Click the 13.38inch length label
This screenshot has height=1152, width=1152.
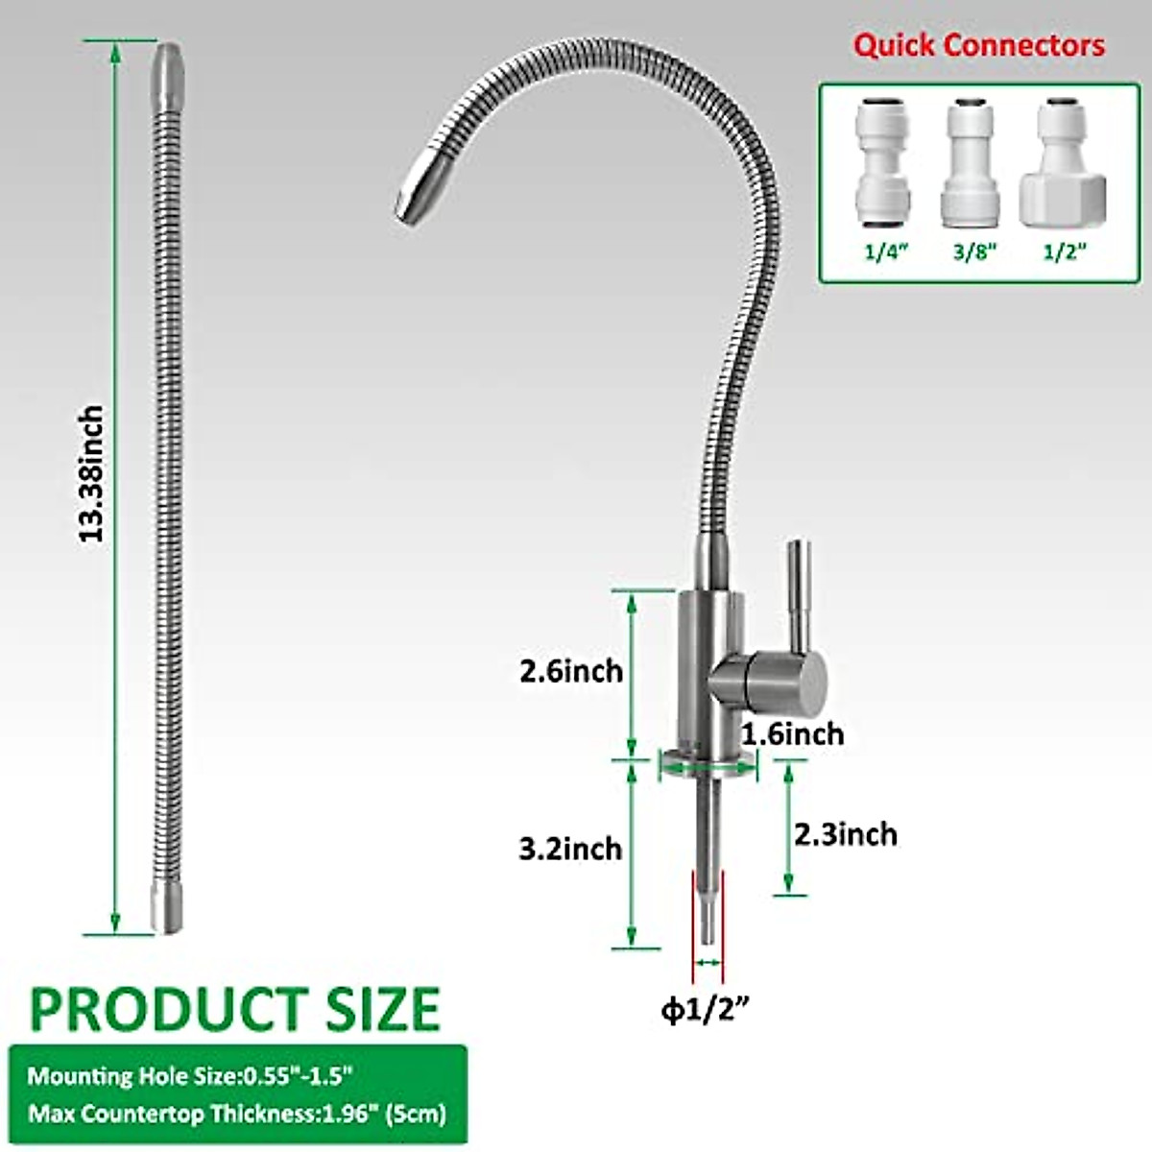coord(92,474)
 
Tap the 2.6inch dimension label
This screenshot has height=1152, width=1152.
coord(571,671)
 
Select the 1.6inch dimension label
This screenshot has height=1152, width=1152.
coord(792,734)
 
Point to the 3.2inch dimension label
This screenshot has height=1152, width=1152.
coord(570,849)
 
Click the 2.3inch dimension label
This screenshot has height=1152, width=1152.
coord(846,834)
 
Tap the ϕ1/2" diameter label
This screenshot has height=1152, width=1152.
coord(705,1010)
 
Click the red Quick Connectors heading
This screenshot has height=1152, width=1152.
coord(979,45)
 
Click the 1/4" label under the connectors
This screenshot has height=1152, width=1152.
coord(885,252)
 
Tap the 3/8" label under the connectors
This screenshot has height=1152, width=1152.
coord(973,252)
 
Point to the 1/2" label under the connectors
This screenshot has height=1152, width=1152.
coord(1064,252)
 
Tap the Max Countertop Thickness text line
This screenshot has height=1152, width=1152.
coord(236,1114)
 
